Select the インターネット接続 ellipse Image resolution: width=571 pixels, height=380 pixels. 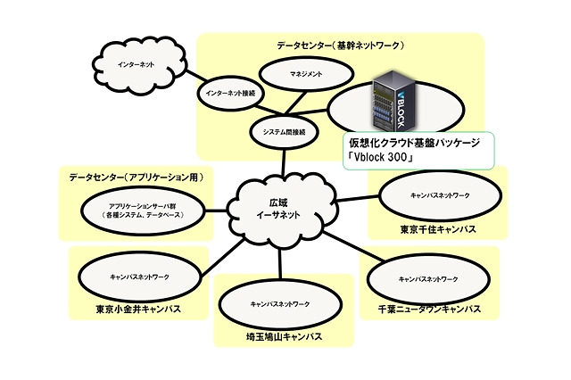(x=229, y=92)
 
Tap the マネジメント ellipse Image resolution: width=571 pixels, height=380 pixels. (x=306, y=74)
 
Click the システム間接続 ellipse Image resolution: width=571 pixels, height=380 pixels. (x=285, y=131)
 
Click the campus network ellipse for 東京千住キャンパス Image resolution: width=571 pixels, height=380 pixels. (x=436, y=194)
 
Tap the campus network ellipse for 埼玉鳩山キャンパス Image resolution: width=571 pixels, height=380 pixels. (x=279, y=304)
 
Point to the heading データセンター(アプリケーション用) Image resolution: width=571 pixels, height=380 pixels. (x=137, y=178)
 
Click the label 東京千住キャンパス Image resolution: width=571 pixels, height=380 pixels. (x=437, y=229)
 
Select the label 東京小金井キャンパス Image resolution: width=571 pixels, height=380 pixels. (x=138, y=310)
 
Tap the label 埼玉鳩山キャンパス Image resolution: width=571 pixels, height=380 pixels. (x=280, y=337)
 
